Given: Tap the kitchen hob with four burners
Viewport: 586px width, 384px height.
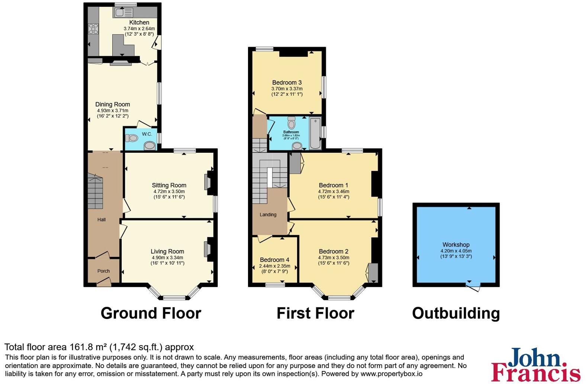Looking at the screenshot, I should [x=93, y=29].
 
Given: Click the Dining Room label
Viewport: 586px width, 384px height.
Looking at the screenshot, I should [x=112, y=104].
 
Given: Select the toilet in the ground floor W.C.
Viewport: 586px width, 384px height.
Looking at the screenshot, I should [x=131, y=138].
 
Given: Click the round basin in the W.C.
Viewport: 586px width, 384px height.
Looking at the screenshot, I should [x=150, y=145].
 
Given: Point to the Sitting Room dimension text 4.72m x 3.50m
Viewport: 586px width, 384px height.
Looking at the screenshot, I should [x=169, y=191].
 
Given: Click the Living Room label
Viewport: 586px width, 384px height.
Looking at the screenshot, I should [x=167, y=251].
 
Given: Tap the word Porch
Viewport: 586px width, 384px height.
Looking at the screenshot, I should [x=103, y=271].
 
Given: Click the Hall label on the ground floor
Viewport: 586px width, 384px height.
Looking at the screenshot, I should [x=102, y=220].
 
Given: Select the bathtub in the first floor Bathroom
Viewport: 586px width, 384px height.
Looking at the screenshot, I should [x=315, y=133].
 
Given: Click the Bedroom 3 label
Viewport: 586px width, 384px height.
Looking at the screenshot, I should [x=287, y=83].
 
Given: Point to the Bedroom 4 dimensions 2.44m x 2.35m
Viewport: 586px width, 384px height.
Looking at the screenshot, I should [x=274, y=266].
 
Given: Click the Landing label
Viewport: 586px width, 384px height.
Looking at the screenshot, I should [x=268, y=214].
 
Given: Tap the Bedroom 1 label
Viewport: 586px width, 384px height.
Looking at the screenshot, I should [x=334, y=185].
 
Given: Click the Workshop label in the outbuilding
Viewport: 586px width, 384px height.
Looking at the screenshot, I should [x=456, y=245].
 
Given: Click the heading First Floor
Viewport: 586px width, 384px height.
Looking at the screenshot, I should [x=315, y=313].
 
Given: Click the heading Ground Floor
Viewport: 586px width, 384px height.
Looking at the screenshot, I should [x=151, y=313].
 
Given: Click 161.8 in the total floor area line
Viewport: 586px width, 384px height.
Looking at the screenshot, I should [x=80, y=347].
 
